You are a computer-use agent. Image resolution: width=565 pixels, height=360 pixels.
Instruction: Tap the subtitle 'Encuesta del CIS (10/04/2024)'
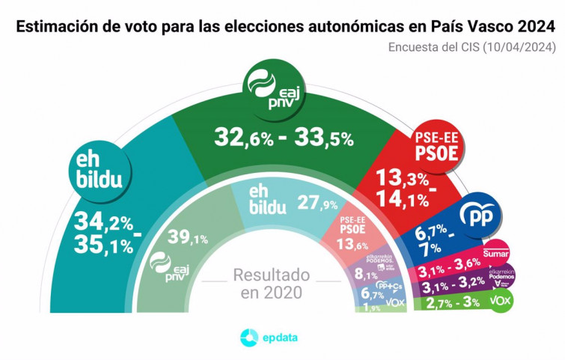click(471, 47)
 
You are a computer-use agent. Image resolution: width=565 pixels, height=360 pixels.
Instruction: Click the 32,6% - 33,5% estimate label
click(284, 137)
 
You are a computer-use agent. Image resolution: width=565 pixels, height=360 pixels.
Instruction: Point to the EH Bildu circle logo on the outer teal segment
click(101, 171)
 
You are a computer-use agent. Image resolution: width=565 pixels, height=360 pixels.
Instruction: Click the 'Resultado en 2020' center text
click(272, 284)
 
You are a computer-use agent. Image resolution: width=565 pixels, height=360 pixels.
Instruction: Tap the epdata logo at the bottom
click(269, 338)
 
